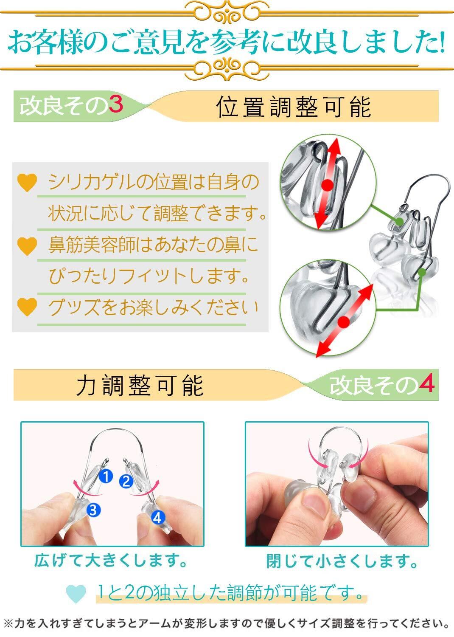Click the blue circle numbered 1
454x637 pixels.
pyautogui.click(x=106, y=476)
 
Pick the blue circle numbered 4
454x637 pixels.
pyautogui.click(x=157, y=517)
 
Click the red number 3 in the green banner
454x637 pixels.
pyautogui.click(x=115, y=104)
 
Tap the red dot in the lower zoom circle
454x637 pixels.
pyautogui.click(x=344, y=322)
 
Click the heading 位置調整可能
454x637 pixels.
pyautogui.click(x=294, y=107)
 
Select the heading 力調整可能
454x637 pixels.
pyautogui.click(x=140, y=385)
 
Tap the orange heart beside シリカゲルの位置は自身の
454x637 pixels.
pyautogui.click(x=27, y=183)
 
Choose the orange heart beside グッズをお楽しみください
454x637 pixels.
pyautogui.click(x=27, y=307)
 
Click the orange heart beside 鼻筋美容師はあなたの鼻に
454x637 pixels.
pyautogui.click(x=27, y=246)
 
